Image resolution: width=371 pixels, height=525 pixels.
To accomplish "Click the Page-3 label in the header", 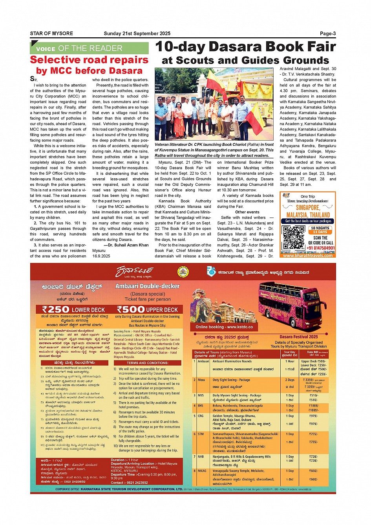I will pos(327,33).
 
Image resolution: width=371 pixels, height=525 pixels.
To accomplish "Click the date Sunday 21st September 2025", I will pos(137,33).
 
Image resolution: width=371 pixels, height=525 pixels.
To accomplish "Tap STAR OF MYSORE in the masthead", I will pos(51,33).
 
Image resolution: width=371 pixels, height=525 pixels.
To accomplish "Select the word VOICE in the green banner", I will pos(46,49).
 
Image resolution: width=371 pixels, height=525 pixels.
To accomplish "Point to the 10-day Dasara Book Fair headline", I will pos(245,47).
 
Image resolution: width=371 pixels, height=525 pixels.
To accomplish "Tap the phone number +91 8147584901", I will pos(321,248).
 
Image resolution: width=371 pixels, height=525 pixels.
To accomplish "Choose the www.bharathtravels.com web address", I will pos(308,255).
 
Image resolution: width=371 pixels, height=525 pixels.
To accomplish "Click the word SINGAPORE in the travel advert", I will pos(308,207).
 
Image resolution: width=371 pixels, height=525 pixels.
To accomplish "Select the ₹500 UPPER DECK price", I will pos(147,309).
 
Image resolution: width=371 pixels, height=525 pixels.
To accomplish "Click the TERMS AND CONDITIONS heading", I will pos(147,363).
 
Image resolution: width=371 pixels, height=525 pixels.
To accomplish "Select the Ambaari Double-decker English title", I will pos(147,286).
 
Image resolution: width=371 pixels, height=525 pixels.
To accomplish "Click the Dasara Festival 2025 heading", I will pos(298,337).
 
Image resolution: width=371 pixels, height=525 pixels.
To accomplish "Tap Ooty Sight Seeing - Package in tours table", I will pos(231,380).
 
